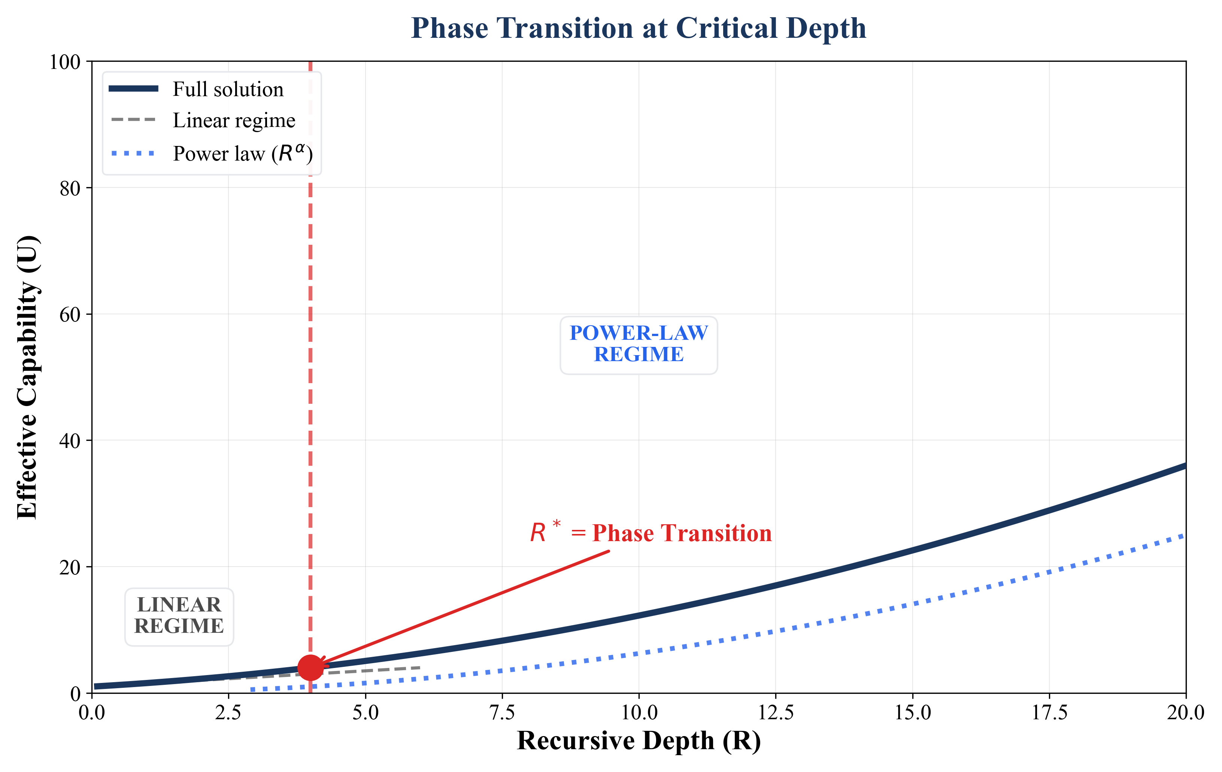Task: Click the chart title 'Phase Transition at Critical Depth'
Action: [639, 28]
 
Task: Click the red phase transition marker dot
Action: [310, 668]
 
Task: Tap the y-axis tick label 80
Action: [70, 188]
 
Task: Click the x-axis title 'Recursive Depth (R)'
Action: [639, 741]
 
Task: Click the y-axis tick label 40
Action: [70, 441]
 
